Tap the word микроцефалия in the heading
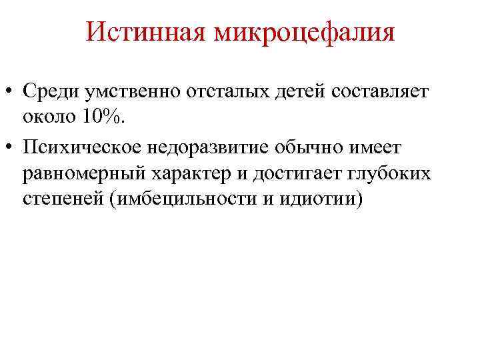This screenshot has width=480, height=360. [x=304, y=33]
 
